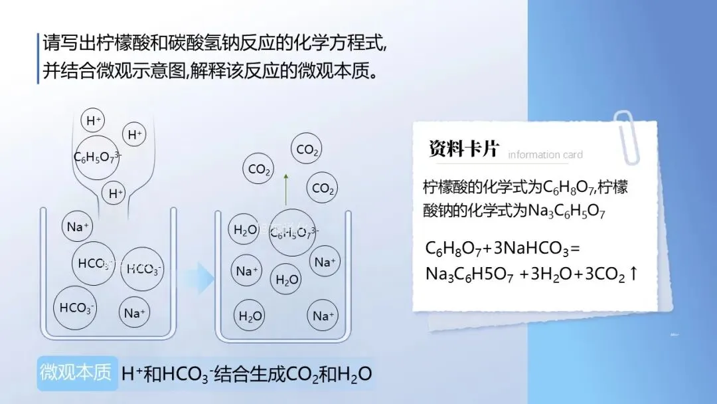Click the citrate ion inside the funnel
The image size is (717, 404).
tap(97, 157)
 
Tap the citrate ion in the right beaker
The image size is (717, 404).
tap(293, 232)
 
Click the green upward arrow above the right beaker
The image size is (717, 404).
tap(286, 189)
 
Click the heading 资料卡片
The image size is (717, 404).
tap(463, 149)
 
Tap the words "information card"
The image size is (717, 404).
tap(545, 155)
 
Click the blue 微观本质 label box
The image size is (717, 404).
tap(76, 372)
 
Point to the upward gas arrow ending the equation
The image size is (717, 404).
tap(633, 273)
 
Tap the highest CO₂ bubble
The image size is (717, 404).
tap(307, 150)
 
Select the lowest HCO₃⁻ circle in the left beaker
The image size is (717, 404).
tap(77, 308)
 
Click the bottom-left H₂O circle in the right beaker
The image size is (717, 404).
tap(250, 316)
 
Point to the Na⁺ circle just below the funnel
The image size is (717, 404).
tap(78, 227)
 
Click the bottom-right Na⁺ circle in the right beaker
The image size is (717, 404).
tap(323, 316)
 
